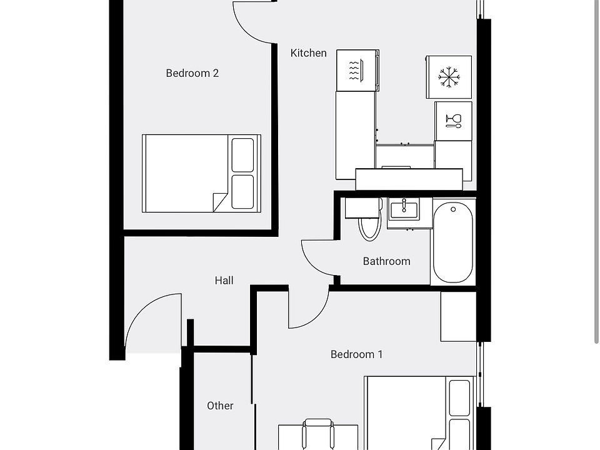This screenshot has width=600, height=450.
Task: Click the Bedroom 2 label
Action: click(x=192, y=73)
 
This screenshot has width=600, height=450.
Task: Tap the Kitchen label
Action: click(x=308, y=52)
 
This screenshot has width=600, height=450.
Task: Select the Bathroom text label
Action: click(x=386, y=261)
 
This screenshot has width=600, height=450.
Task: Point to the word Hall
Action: click(x=224, y=281)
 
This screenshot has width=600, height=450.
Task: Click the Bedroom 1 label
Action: click(x=356, y=354)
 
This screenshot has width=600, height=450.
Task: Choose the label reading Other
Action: click(x=220, y=406)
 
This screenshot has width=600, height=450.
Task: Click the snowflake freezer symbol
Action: click(x=449, y=77)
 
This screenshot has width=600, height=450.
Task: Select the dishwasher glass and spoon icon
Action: click(x=454, y=121)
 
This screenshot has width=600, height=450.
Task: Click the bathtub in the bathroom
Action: click(x=453, y=242)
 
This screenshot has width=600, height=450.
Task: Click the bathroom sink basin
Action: click(x=404, y=209)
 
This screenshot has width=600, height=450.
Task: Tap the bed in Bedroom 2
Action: click(x=201, y=173)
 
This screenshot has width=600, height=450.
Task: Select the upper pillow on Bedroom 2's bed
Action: click(x=242, y=155)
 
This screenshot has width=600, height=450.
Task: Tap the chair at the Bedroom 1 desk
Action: click(x=317, y=434)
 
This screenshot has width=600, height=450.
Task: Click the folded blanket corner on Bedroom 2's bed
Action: click(x=221, y=202)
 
